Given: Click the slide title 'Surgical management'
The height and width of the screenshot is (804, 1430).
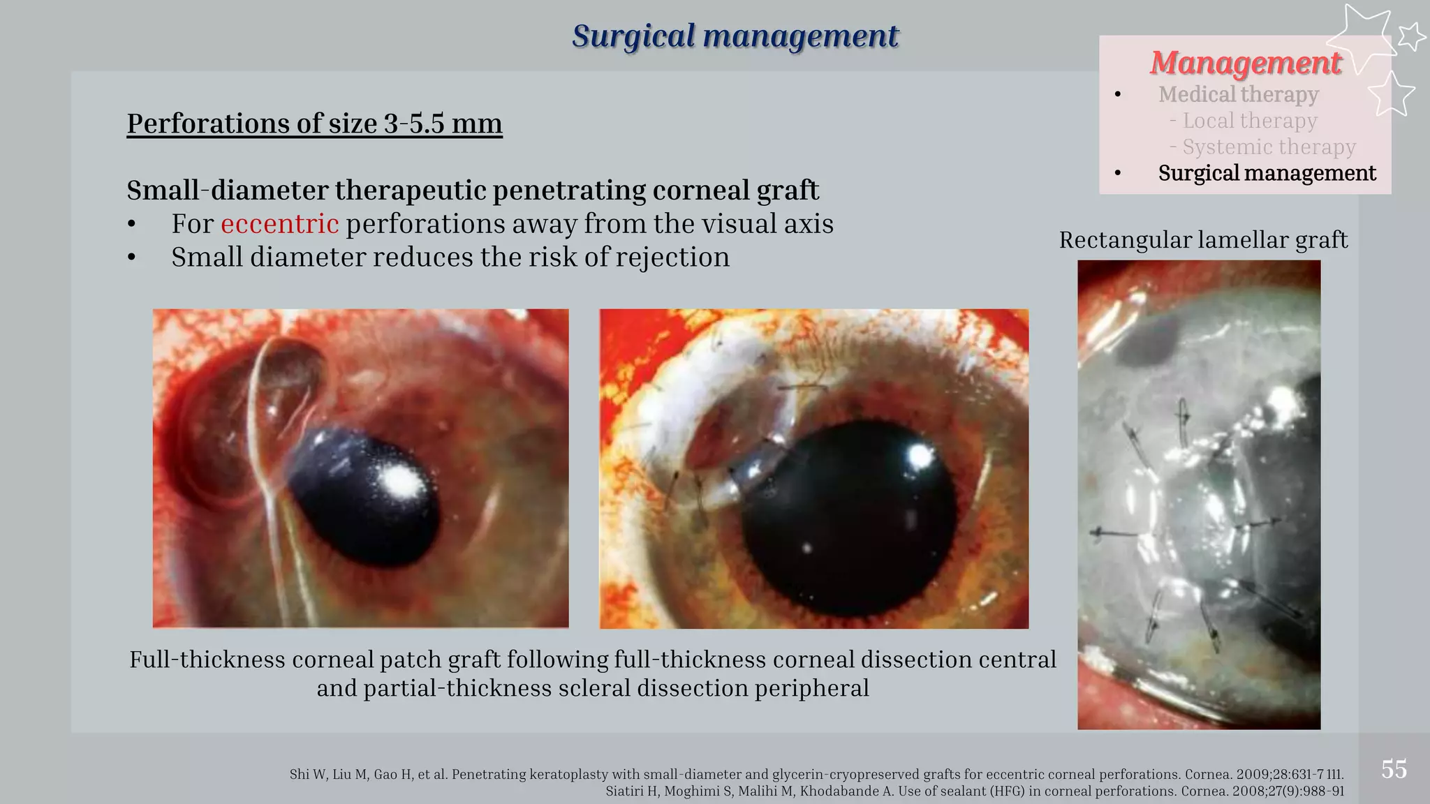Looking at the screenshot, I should click(735, 36).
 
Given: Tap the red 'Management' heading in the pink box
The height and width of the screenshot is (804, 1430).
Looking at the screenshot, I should click(1245, 63).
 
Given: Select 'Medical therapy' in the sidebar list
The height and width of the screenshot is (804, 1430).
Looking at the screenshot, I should click(1238, 94).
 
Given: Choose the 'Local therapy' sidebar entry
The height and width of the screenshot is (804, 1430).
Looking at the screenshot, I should click(1249, 121).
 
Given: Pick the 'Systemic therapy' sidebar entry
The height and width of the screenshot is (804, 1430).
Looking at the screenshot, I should click(1268, 147).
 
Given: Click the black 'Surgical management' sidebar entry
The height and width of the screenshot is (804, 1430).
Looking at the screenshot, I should click(1267, 173).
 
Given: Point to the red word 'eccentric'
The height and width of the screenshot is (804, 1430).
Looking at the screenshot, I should click(279, 224).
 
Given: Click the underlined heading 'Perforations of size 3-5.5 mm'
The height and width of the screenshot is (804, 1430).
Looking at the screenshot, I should click(314, 124).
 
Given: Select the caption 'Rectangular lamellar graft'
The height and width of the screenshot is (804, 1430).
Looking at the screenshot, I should click(1202, 240).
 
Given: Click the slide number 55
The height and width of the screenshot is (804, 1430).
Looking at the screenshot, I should click(1394, 769).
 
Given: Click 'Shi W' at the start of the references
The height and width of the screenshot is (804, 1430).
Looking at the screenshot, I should click(304, 775).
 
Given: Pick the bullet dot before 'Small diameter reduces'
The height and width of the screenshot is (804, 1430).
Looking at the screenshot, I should click(132, 258).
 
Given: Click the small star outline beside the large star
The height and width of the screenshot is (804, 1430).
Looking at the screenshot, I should click(1411, 36).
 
